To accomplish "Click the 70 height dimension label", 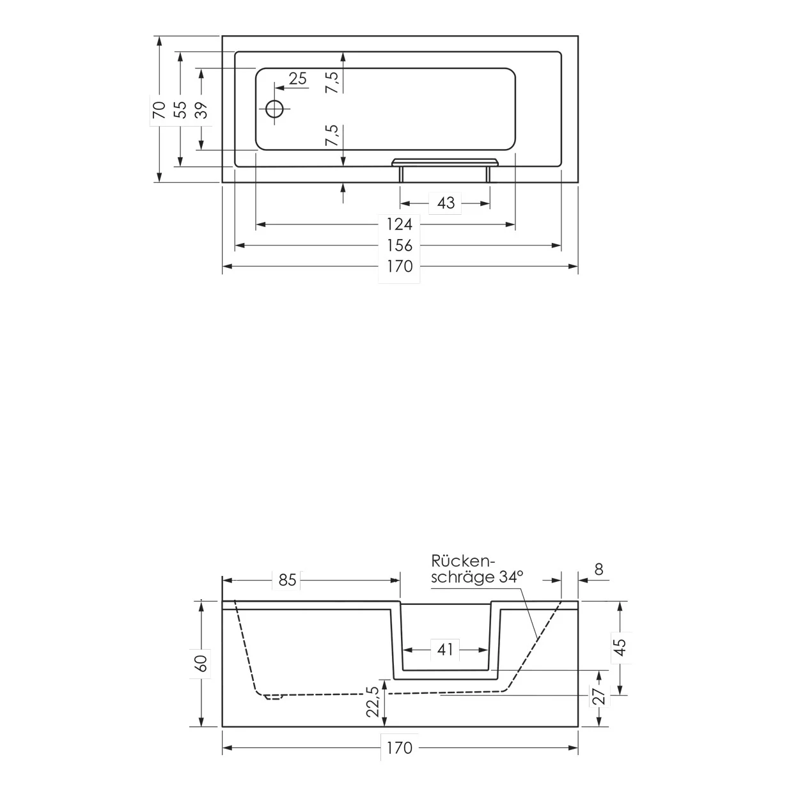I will tap(159, 110).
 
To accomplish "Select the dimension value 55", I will tap(181, 110).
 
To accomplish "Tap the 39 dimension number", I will tap(202, 110).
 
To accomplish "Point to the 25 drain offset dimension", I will tap(297, 79).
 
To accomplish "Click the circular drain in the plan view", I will tap(275, 109).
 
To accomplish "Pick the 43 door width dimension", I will tap(446, 203).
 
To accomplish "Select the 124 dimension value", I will tap(400, 224).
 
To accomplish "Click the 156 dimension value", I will tap(400, 246).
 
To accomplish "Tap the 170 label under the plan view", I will tap(400, 267).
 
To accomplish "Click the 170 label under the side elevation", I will tap(400, 747).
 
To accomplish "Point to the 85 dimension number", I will tap(287, 580).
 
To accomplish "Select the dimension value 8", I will tap(598, 569).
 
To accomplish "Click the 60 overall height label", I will tap(202, 663).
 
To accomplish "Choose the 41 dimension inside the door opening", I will tap(446, 650).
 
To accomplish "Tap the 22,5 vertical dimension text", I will tap(373, 701).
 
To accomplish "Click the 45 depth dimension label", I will tap(619, 647).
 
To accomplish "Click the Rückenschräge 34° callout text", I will tap(476, 569).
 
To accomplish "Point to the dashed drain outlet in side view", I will tap(273, 698).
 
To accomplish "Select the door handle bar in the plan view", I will tap(445, 161).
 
